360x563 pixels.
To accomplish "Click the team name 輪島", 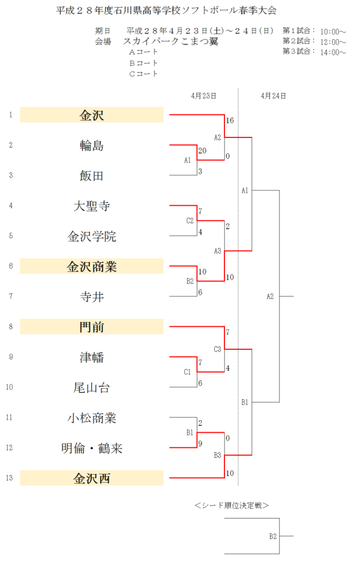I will point(92,145).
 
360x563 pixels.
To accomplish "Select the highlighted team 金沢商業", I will point(92,266).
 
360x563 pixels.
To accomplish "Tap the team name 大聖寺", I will point(92,206).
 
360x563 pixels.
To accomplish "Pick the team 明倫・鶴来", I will point(92,448).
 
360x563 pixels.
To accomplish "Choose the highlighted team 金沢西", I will point(92,478).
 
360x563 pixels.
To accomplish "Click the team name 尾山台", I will point(92,388).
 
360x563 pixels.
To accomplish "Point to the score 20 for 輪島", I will point(202,151).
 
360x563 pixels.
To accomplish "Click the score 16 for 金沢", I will point(230,121).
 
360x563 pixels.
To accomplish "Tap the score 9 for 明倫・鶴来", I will point(200,444).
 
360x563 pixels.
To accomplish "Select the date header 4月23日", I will point(204,95).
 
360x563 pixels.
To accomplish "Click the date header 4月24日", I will point(273,95).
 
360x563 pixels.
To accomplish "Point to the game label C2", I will point(190,220).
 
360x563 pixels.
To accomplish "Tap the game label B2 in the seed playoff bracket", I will point(272,535).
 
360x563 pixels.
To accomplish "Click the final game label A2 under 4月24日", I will point(270,296).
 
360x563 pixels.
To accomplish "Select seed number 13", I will point(10,478).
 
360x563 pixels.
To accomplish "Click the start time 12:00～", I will point(333,42).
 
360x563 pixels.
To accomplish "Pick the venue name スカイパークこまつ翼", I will point(170,41).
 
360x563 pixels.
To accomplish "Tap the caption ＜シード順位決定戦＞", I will point(232,505).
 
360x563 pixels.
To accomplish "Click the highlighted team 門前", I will point(92,327).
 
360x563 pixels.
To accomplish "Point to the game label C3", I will point(218,349).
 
